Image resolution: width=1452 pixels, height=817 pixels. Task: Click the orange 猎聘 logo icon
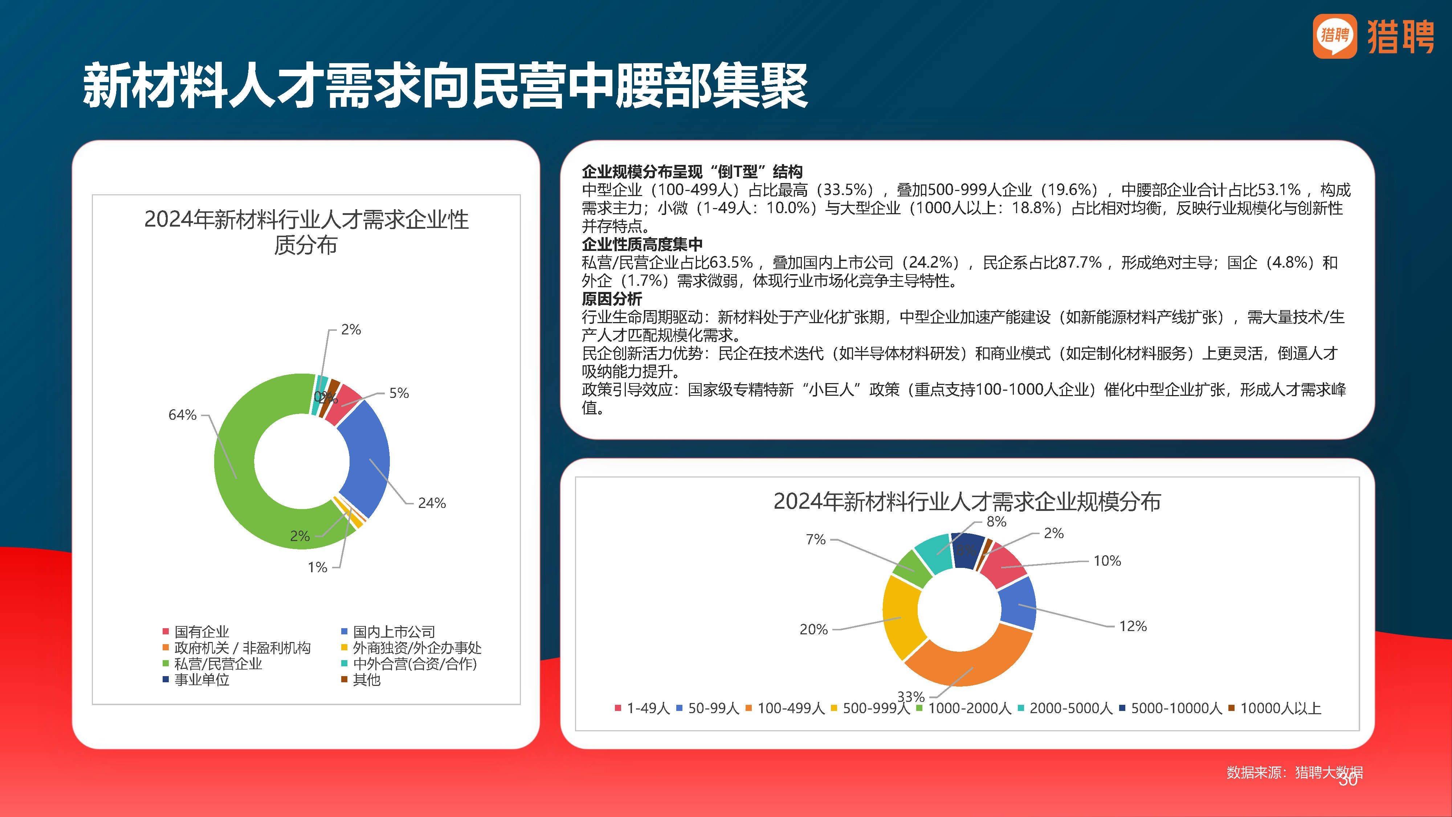(x=1334, y=36)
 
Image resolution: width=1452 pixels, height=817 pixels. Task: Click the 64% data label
(x=182, y=415)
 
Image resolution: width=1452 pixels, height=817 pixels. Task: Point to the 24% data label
(x=432, y=503)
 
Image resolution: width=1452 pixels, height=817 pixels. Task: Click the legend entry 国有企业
(x=201, y=631)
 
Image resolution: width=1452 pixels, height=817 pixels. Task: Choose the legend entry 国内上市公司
(x=393, y=631)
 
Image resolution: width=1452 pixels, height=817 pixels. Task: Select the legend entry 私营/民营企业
(x=217, y=664)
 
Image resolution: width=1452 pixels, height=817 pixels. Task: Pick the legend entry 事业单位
(x=201, y=679)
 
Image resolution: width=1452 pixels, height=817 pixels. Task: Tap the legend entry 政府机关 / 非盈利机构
(x=242, y=648)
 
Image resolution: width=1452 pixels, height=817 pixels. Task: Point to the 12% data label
(x=1133, y=626)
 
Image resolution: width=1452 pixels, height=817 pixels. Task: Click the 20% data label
(x=813, y=629)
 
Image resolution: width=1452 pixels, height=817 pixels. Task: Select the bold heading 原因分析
(x=612, y=299)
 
